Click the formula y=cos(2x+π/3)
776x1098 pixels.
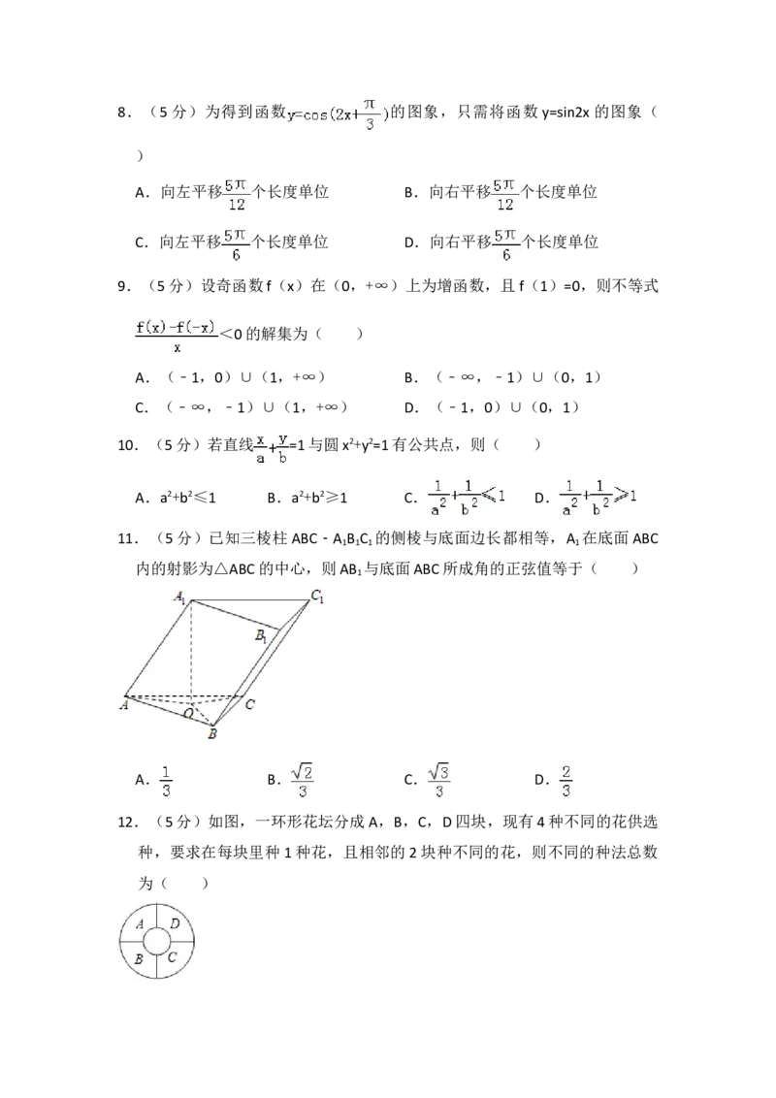click(x=338, y=113)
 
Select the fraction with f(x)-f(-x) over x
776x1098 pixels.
click(x=178, y=339)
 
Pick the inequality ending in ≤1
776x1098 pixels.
click(x=469, y=497)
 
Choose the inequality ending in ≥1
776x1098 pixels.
click(x=600, y=497)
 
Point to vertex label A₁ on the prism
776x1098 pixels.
click(x=181, y=597)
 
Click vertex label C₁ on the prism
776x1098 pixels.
click(x=316, y=595)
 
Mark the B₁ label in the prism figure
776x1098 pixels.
click(x=261, y=636)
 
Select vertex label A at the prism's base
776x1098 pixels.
click(x=124, y=705)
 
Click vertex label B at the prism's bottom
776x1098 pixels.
click(x=212, y=734)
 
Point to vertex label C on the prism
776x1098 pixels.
click(x=249, y=704)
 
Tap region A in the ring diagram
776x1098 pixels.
click(x=142, y=924)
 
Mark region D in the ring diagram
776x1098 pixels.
click(x=175, y=924)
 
